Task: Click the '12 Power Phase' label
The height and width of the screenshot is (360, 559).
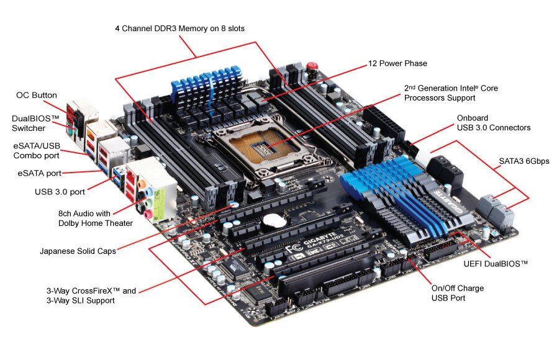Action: [398, 63]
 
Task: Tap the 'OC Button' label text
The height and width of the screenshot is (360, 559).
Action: [37, 95]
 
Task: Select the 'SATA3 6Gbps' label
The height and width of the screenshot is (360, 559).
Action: [524, 161]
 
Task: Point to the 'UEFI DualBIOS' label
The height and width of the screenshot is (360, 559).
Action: [496, 264]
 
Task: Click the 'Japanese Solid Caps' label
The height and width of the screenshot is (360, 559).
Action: [78, 251]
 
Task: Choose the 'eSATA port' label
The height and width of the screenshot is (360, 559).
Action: [40, 173]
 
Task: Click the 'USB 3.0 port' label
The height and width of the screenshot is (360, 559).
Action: [60, 192]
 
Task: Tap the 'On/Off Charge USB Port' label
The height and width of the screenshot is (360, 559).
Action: [458, 293]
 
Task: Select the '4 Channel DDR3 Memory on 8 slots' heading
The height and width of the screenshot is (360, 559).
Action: [180, 29]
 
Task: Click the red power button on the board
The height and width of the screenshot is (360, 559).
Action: [312, 66]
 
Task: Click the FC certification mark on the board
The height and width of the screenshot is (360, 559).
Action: [295, 248]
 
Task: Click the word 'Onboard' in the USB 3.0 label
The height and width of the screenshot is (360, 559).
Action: [473, 118]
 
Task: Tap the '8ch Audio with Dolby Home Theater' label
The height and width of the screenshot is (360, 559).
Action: [96, 218]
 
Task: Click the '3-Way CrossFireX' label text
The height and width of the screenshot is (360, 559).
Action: [83, 291]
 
